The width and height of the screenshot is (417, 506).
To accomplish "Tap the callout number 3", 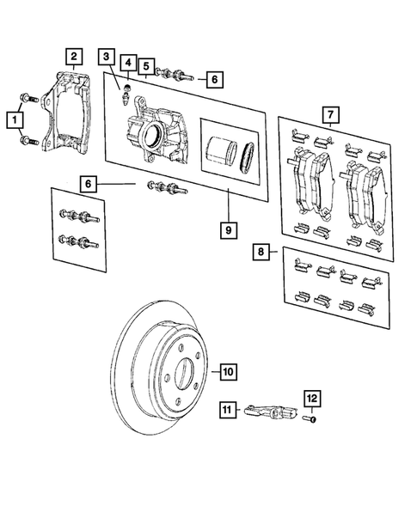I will click(106, 58).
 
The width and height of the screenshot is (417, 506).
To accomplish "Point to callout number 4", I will click(126, 64).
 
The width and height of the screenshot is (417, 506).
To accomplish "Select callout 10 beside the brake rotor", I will click(227, 372).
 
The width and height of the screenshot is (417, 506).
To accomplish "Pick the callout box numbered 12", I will click(313, 398).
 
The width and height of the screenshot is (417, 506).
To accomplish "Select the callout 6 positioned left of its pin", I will click(89, 183).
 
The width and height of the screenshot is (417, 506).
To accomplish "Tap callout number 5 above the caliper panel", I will click(147, 65).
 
